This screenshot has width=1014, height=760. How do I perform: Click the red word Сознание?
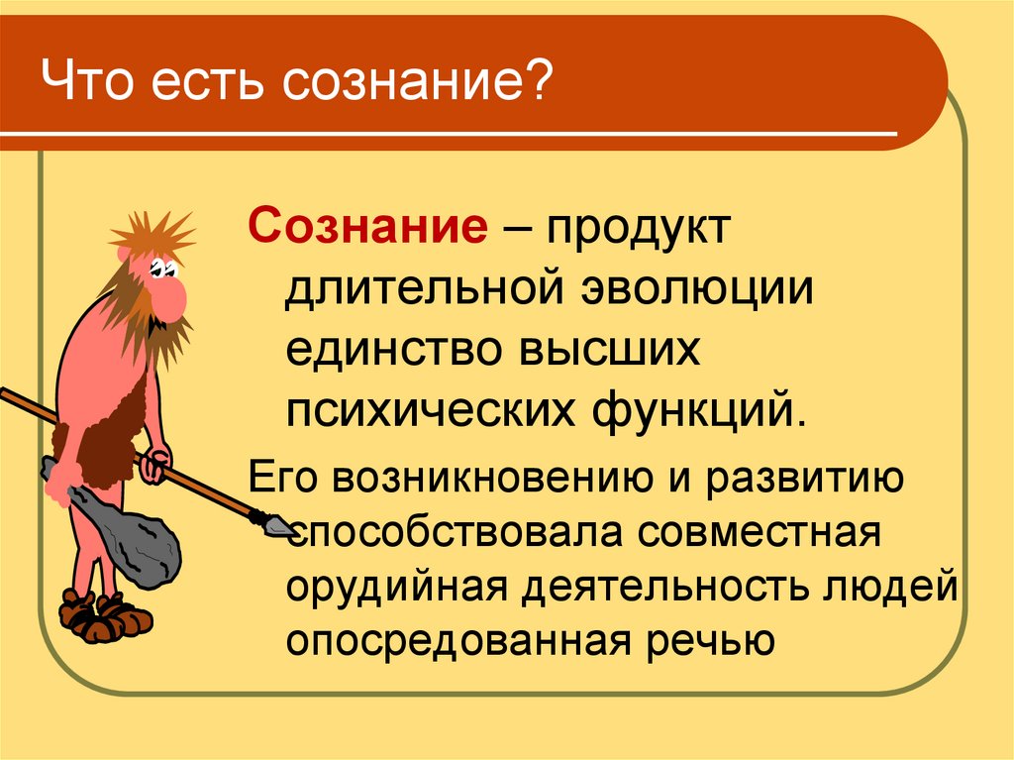[x=367, y=227]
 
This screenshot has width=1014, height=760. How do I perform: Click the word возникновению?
[x=495, y=480]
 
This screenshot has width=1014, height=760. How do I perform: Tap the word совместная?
[x=760, y=533]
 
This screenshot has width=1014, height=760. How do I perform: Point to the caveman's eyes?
[x=162, y=267]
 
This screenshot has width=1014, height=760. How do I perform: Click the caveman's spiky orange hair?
[x=152, y=236]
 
